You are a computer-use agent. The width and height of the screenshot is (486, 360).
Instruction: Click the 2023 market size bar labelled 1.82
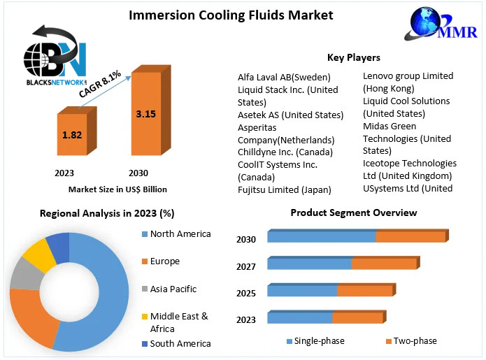click(77, 131)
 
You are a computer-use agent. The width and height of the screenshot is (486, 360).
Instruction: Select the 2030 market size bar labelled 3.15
click(151, 110)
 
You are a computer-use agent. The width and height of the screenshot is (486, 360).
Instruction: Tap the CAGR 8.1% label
click(100, 84)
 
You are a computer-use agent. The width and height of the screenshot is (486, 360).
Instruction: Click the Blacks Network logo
click(55, 55)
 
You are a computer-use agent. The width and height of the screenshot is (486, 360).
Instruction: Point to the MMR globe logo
click(441, 24)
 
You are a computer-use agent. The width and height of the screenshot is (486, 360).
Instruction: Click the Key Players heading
click(354, 57)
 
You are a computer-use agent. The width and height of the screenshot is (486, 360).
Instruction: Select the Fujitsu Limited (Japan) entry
click(284, 189)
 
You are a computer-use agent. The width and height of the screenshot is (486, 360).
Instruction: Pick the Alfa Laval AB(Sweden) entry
click(284, 77)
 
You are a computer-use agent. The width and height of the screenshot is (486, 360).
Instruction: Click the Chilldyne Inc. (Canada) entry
click(285, 152)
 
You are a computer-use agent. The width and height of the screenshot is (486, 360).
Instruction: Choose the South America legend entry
click(176, 344)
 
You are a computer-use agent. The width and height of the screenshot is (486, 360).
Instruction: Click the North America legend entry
click(176, 234)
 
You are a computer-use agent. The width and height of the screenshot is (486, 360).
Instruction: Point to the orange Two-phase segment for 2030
click(412, 236)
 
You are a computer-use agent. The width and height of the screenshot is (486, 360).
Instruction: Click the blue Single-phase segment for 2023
click(300, 317)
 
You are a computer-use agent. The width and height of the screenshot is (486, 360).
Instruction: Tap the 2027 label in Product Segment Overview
click(246, 266)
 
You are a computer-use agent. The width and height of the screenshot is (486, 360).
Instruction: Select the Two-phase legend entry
click(411, 341)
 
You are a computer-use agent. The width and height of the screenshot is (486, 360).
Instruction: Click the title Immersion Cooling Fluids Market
click(231, 15)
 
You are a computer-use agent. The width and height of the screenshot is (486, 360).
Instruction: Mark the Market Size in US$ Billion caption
click(117, 189)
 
